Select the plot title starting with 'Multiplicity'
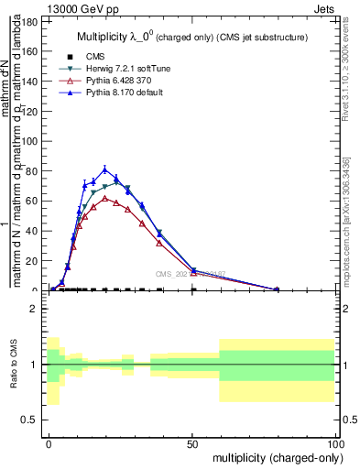coord(191,37)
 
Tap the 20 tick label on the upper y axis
coord(33,261)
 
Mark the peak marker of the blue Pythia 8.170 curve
coord(105,169)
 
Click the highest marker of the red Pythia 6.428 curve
coord(105,198)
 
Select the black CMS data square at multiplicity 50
coord(193,290)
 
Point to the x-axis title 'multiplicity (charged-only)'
coord(274,456)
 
